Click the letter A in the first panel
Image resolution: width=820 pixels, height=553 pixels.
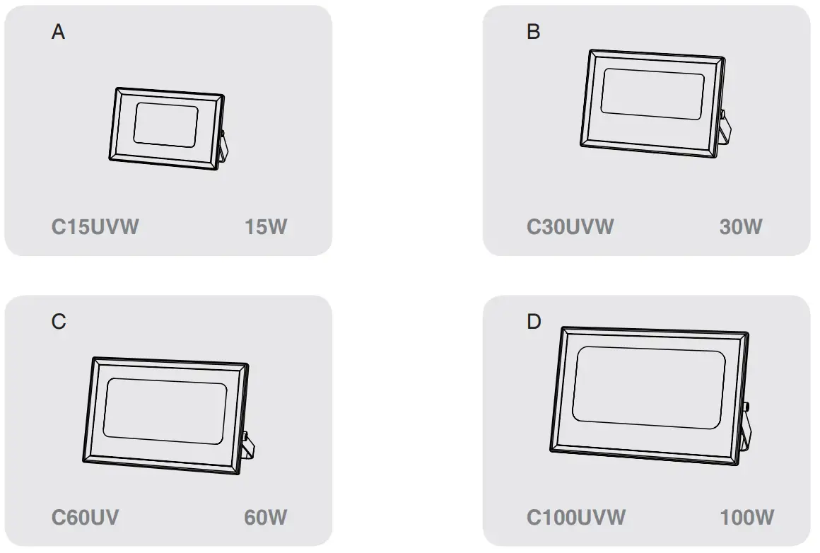pyautogui.click(x=58, y=32)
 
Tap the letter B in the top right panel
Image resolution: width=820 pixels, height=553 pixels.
pyautogui.click(x=534, y=32)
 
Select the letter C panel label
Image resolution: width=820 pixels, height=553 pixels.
pyautogui.click(x=59, y=322)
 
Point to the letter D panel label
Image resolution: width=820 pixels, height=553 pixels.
pyautogui.click(x=534, y=322)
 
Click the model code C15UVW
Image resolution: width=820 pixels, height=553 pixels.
pyautogui.click(x=95, y=227)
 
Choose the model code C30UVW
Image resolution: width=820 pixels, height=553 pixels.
pyautogui.click(x=570, y=227)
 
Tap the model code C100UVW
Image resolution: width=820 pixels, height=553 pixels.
pyautogui.click(x=576, y=517)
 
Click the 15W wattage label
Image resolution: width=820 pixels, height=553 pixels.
pyautogui.click(x=266, y=227)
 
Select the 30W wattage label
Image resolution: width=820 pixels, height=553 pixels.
pyautogui.click(x=741, y=227)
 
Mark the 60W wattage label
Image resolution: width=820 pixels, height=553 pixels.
pyautogui.click(x=266, y=517)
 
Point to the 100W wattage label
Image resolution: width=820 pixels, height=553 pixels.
pyautogui.click(x=747, y=517)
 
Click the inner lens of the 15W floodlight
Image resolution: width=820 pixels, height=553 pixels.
pyautogui.click(x=165, y=125)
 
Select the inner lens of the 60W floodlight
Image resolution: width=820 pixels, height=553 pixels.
pyautogui.click(x=164, y=410)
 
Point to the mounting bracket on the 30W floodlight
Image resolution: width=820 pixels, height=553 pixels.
pyautogui.click(x=725, y=129)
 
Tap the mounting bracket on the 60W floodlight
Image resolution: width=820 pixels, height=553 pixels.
pyautogui.click(x=247, y=446)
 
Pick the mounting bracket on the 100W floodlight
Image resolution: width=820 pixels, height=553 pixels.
pyautogui.click(x=749, y=431)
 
